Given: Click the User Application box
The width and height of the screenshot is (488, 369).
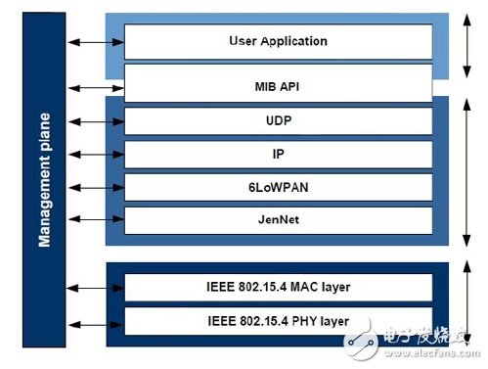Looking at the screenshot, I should pyautogui.click(x=278, y=41).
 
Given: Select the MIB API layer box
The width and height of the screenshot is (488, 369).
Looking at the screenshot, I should pyautogui.click(x=278, y=85).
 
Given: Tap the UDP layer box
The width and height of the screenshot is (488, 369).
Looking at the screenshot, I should pyautogui.click(x=278, y=120).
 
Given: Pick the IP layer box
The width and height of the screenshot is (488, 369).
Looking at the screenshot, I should pyautogui.click(x=278, y=154).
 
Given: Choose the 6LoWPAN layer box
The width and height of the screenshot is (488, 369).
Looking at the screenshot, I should pyautogui.click(x=278, y=187).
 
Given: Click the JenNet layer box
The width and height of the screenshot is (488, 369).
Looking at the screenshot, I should pyautogui.click(x=278, y=220).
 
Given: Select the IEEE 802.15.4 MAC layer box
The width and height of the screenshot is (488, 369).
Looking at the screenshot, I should pyautogui.click(x=278, y=288).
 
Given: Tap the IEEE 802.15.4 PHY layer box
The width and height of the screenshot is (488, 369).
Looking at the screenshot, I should pyautogui.click(x=278, y=321).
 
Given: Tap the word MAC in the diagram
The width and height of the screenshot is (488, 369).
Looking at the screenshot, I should pyautogui.click(x=300, y=288).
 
